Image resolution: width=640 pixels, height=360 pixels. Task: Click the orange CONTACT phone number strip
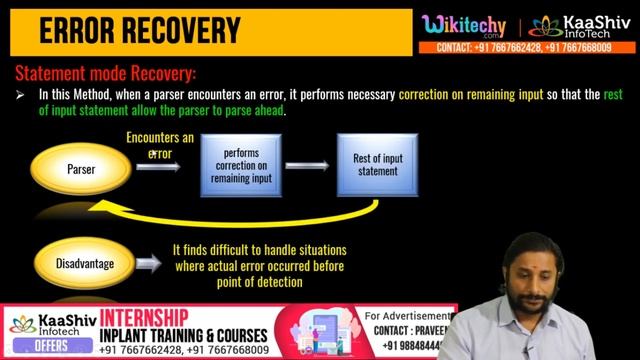[x=530, y=48]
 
